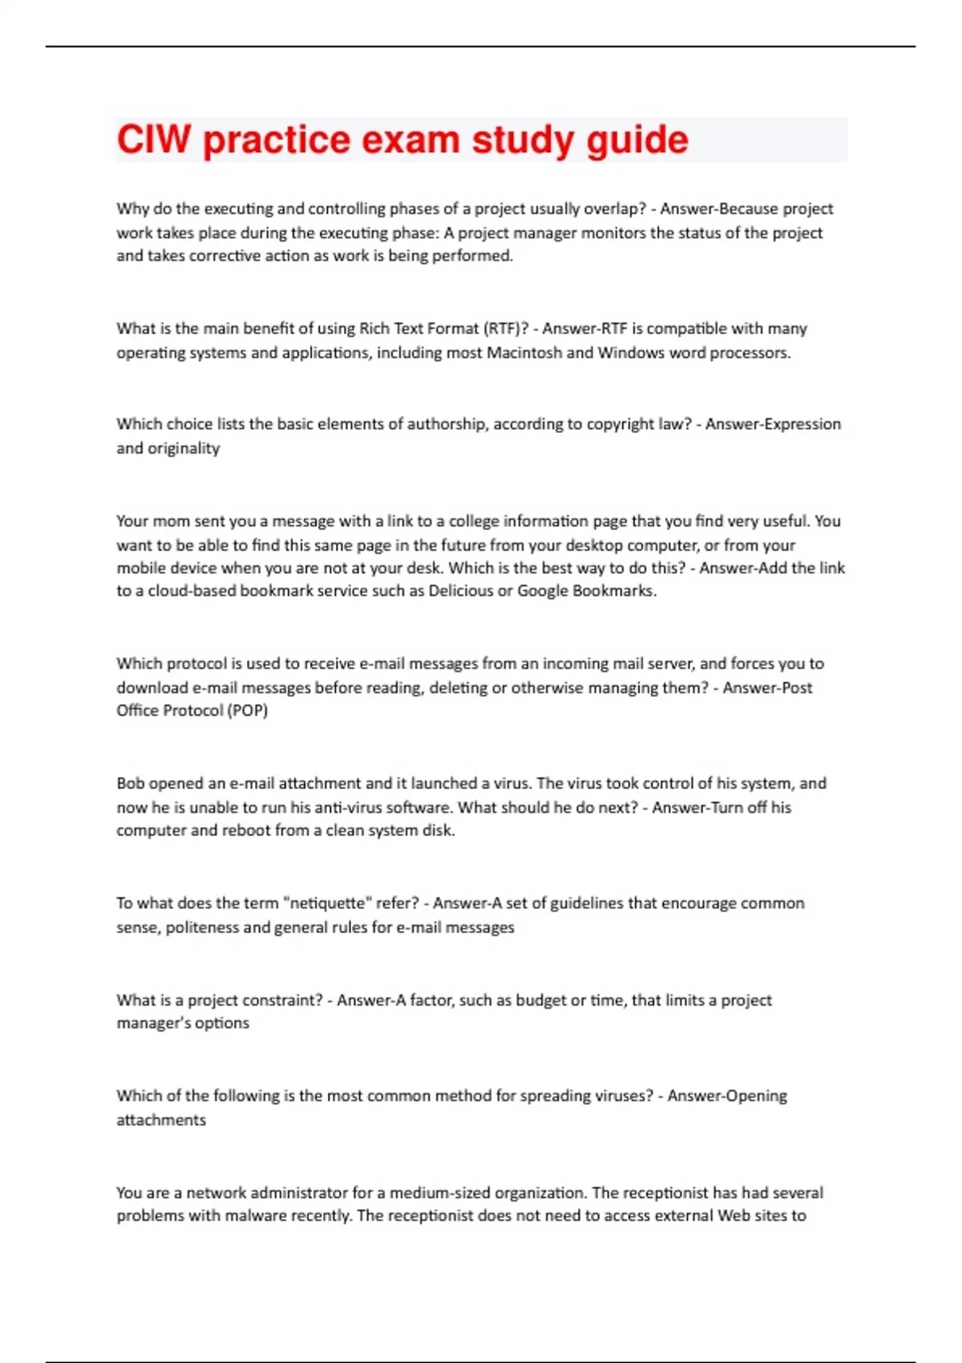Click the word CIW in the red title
154,140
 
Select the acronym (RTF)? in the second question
505,329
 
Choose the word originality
184,448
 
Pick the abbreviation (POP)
247,710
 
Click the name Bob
131,783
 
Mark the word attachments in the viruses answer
161,1120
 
